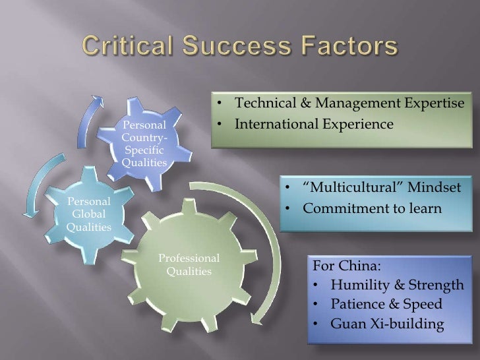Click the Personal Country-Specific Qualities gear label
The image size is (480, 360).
pyautogui.click(x=145, y=143)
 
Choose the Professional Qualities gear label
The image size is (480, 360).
pyautogui.click(x=189, y=264)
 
